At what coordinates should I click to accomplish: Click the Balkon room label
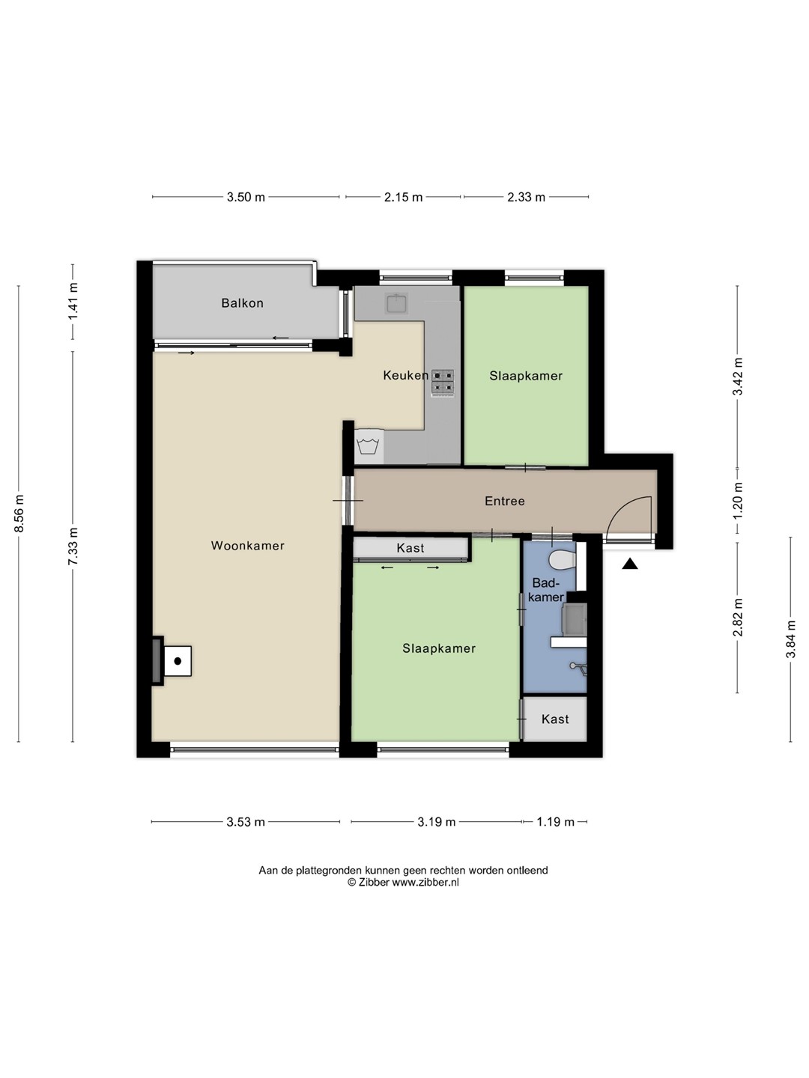[242, 303]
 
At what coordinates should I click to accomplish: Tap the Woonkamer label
[247, 546]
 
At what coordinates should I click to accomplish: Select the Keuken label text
[406, 376]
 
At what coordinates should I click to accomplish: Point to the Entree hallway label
[504, 501]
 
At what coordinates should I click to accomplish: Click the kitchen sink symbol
[396, 303]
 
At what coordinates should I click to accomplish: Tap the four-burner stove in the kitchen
[443, 383]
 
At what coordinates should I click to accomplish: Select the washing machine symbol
[369, 447]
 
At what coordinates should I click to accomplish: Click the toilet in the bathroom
[563, 559]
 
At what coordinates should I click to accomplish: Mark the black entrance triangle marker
[630, 564]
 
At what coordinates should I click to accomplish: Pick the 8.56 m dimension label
[19, 514]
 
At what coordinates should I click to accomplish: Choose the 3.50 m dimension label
[246, 198]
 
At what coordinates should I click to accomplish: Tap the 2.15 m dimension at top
[403, 198]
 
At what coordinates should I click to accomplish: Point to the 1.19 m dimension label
[556, 822]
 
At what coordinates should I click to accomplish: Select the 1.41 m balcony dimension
[73, 302]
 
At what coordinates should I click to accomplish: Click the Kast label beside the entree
[410, 548]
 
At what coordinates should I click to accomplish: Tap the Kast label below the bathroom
[555, 719]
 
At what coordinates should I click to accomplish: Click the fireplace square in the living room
[178, 661]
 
